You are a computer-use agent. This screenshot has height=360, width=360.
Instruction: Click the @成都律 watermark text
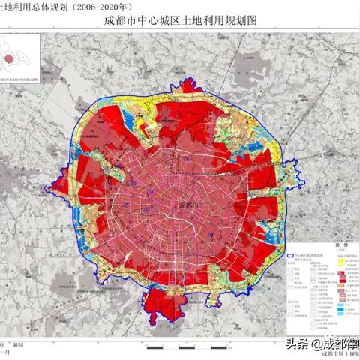click(x=334, y=343)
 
